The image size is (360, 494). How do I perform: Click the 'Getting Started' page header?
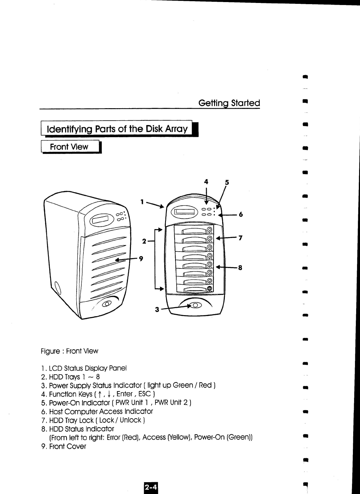point(229,103)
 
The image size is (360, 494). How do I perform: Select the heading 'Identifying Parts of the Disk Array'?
point(117,129)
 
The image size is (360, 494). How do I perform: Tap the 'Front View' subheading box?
point(69,147)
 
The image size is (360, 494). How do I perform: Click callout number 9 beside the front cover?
point(141,259)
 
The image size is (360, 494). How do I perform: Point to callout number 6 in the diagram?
point(241,214)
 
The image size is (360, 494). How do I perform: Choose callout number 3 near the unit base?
point(157,310)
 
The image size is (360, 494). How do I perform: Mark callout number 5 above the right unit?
point(227,182)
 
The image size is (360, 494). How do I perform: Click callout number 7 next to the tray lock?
point(240,238)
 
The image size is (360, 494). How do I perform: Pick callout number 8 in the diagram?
point(240,268)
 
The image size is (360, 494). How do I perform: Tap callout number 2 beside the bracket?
point(144,241)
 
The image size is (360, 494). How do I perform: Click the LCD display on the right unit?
point(186,212)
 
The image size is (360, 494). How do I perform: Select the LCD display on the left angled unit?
point(101,220)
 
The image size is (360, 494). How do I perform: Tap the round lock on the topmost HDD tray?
point(210,229)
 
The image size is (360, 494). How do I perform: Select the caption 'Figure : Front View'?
point(70,351)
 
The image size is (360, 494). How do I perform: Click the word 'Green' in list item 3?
point(183,386)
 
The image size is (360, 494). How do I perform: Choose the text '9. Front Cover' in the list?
point(64,446)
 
